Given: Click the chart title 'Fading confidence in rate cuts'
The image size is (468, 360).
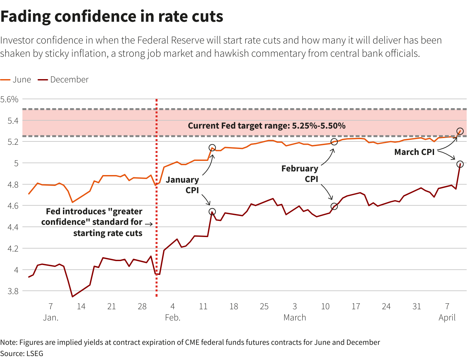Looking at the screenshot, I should click(112, 16).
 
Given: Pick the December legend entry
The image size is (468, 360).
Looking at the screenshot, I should click(63, 80).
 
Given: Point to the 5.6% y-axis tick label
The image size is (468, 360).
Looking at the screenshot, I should click(9, 99).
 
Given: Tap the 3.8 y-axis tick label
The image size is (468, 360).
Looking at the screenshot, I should click(13, 291).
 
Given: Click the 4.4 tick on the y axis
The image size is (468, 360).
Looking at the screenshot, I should click(13, 227).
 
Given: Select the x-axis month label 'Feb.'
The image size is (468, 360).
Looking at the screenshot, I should click(173, 318).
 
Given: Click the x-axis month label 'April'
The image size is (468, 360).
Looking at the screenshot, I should click(447, 318).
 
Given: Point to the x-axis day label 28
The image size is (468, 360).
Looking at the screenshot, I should click(142, 307).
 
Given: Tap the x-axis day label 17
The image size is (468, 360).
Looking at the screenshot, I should click(356, 307).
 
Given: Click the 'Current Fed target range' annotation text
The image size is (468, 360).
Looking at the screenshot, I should click(267, 126).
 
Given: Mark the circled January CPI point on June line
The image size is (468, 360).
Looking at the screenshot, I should click(212, 148).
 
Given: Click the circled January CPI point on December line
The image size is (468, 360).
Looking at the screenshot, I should click(212, 212).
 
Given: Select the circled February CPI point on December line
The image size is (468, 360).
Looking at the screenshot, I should click(334, 206).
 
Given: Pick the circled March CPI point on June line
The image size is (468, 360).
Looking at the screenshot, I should click(460, 131).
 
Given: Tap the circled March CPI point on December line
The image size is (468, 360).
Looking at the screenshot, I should click(460, 164).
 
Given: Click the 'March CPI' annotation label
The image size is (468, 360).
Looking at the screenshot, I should click(414, 152).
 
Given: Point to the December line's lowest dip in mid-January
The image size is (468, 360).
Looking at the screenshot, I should click(73, 297).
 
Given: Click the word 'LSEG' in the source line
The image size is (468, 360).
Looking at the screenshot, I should click(35, 353).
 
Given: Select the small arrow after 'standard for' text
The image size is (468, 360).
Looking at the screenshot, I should click(149, 224).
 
